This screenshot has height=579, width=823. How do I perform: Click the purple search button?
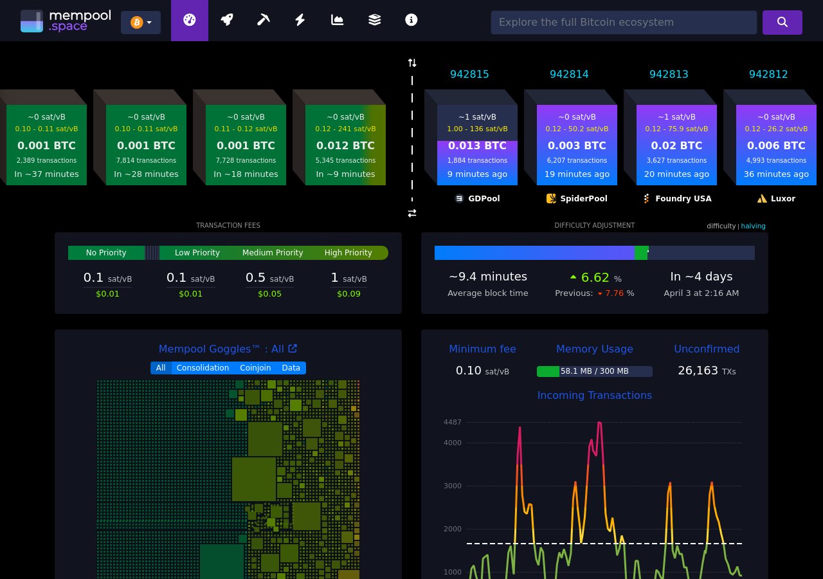pos(782,22)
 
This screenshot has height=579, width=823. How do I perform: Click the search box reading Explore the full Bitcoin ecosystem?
pos(623,23)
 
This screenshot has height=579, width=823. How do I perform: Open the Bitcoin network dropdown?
pos(141,23)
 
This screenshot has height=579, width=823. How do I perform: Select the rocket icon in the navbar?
pos(226,20)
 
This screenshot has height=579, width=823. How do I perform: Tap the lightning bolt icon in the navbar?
pos(300,20)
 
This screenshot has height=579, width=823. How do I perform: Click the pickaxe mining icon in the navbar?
pos(263,20)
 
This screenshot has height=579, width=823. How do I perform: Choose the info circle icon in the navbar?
pos(411,20)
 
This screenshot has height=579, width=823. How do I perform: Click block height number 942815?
pos(469,74)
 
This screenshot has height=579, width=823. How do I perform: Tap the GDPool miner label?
pos(477,199)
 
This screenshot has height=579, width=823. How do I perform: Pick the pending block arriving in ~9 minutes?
pos(345,145)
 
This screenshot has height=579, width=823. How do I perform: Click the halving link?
pos(753,226)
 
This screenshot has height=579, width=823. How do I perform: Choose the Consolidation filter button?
pos(203,368)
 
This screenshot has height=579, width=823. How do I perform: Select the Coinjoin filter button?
pos(255,368)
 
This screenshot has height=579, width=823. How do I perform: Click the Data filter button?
pos(291,368)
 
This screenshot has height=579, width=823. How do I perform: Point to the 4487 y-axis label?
pos(452,422)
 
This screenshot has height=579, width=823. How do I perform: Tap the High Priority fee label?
pos(348,253)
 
